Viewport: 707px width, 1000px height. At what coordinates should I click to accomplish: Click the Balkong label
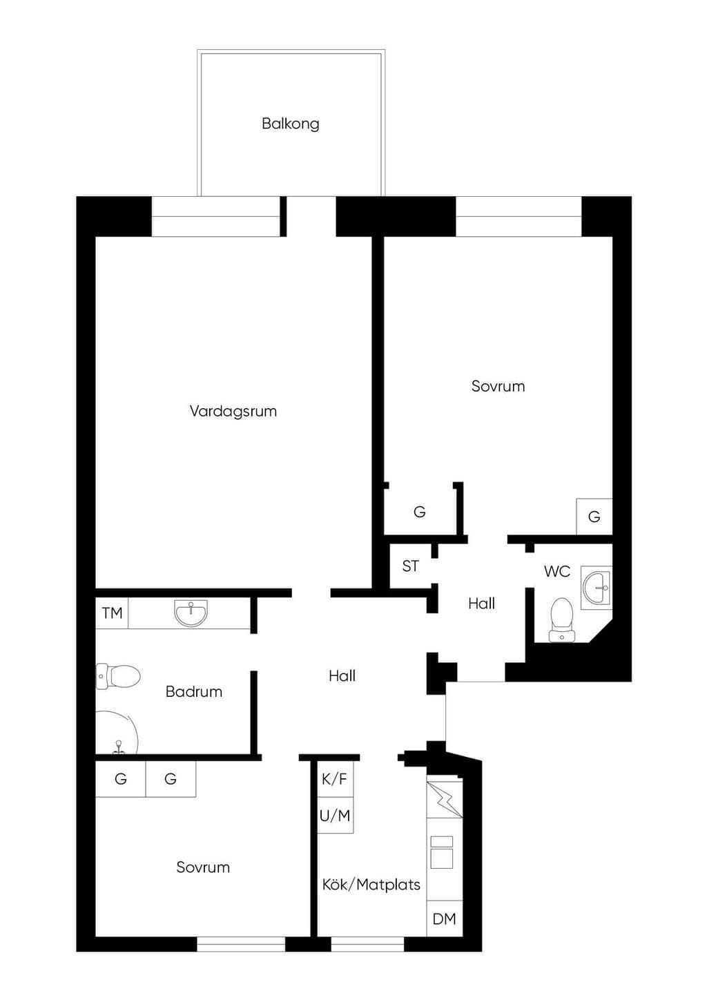(291, 124)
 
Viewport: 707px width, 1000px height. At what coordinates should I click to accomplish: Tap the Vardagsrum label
(233, 411)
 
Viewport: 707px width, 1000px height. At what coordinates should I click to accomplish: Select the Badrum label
(194, 691)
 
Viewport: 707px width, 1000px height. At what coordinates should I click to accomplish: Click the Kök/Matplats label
(371, 885)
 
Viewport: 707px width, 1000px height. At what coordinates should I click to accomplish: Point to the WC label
(557, 571)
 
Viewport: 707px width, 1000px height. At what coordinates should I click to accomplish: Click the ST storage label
(410, 566)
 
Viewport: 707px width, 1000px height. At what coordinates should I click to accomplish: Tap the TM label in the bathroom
(112, 613)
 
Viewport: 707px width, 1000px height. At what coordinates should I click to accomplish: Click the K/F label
(335, 779)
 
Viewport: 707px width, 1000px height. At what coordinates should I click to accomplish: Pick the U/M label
(335, 816)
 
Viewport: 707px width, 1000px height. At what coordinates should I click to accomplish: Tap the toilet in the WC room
(562, 620)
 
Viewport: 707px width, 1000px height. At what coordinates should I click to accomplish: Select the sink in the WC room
(597, 587)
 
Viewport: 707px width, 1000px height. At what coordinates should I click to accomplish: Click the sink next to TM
(191, 613)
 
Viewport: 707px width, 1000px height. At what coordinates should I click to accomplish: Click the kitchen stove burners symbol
(441, 852)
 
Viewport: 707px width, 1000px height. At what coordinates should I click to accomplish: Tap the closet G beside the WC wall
(594, 517)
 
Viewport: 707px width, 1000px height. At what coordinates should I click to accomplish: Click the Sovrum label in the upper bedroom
(498, 386)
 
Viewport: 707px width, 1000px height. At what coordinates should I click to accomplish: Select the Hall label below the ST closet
(482, 604)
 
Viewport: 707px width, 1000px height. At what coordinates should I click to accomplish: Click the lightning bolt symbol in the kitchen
(445, 800)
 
